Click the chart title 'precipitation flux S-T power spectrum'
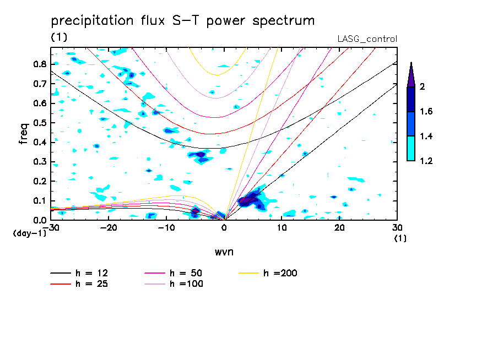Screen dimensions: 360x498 (182, 21)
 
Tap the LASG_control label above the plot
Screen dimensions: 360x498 (367, 39)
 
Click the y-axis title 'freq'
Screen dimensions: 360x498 (24, 134)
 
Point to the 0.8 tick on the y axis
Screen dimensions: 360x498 (40, 64)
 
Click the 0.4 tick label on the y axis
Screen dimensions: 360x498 (40, 142)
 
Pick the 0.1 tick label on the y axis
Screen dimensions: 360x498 (40, 201)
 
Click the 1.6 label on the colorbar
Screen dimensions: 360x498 (426, 112)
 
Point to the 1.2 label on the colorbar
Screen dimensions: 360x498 (426, 161)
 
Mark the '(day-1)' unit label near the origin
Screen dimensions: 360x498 (30, 233)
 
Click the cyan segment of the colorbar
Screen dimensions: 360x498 (411, 149)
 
